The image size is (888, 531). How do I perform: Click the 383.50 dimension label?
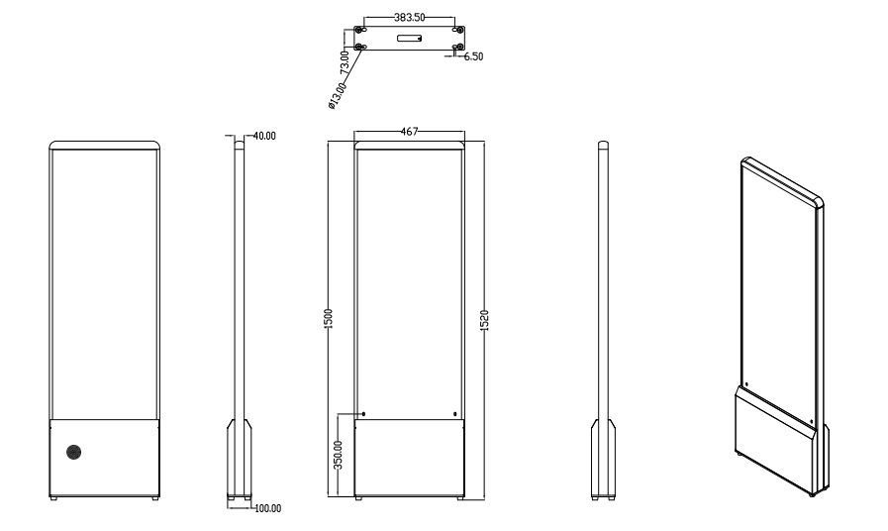[x=409, y=18]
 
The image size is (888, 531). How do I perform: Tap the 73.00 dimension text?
[x=344, y=62]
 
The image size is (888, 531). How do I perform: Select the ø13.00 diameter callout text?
[x=337, y=96]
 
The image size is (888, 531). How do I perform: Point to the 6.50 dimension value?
[x=473, y=56]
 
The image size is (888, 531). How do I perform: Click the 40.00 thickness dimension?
[x=264, y=136]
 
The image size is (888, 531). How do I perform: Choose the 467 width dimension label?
[x=409, y=132]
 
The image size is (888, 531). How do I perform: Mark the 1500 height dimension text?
[x=328, y=318]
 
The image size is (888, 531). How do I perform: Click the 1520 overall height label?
[x=484, y=321]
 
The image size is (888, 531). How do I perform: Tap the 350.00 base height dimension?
[x=339, y=455]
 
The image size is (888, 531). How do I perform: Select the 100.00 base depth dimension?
[x=268, y=508]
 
